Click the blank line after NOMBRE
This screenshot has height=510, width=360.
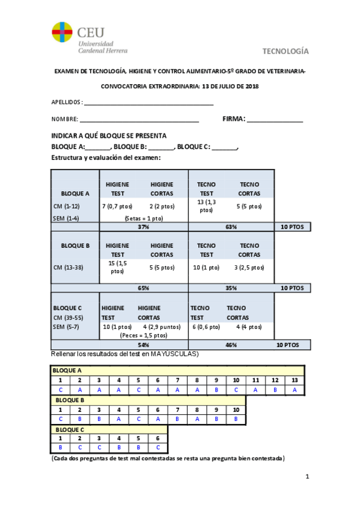[x=139, y=120]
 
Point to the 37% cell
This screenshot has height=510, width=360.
[x=143, y=227]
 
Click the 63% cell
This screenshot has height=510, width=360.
[x=231, y=227]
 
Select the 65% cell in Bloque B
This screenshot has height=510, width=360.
[x=143, y=288]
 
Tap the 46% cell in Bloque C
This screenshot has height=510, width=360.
[x=231, y=345]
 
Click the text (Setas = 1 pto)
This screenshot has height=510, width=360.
[x=143, y=218]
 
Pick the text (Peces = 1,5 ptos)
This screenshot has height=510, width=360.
[x=143, y=336]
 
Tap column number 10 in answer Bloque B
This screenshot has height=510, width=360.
[x=236, y=410]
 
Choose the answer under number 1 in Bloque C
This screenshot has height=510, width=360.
[x=60, y=447]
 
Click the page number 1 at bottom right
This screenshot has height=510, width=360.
[x=307, y=477]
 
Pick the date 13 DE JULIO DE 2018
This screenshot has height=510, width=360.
[x=231, y=86]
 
